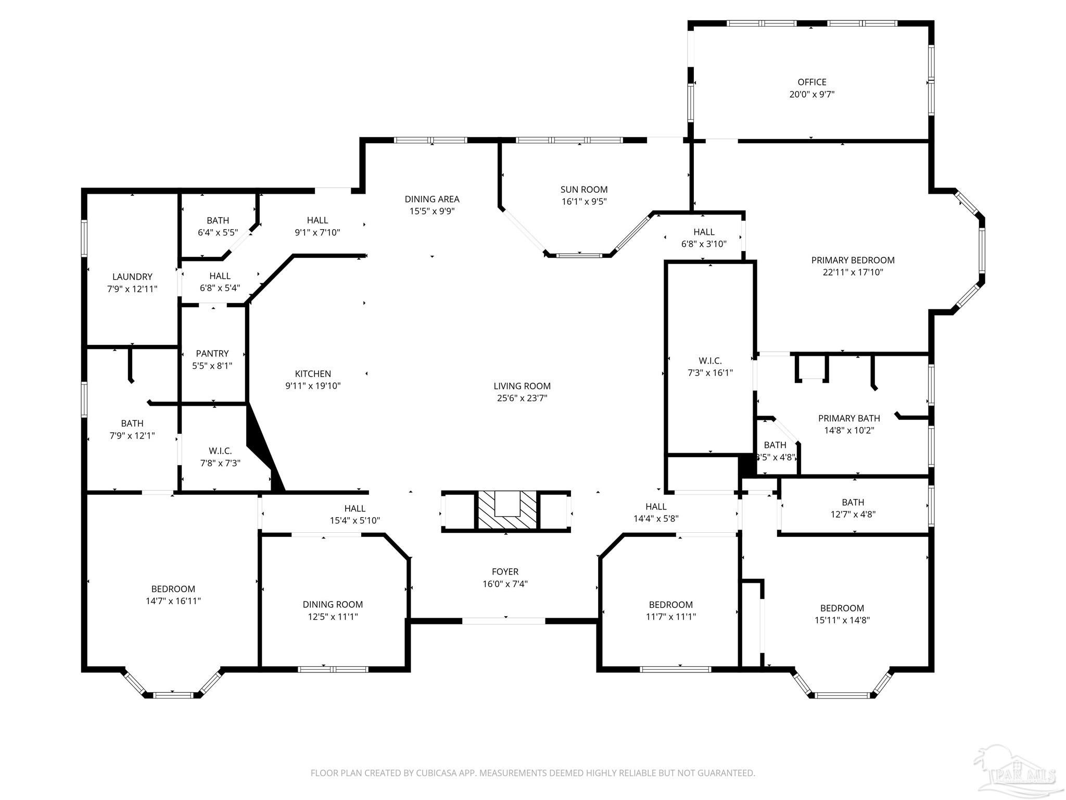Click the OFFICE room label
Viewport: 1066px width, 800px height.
(x=812, y=82)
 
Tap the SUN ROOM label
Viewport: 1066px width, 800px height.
(x=584, y=190)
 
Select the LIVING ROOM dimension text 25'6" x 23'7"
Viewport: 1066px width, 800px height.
(x=522, y=398)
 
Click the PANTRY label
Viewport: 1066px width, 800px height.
(x=212, y=354)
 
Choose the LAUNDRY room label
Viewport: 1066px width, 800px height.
(x=132, y=277)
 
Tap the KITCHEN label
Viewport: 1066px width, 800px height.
(x=313, y=374)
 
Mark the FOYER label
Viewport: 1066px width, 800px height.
(x=505, y=572)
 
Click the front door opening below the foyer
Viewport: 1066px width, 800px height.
(x=504, y=621)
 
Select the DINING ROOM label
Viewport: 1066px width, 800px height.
(x=333, y=605)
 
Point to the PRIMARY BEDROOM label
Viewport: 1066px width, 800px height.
(x=853, y=260)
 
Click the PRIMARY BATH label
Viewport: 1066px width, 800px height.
(x=849, y=418)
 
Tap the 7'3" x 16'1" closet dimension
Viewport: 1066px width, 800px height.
(x=710, y=373)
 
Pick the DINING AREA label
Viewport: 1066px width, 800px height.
(x=432, y=199)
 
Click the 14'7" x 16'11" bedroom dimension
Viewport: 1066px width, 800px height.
(x=173, y=601)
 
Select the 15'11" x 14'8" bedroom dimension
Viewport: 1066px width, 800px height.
(x=842, y=620)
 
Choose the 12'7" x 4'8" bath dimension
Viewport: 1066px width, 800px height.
(x=853, y=515)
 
